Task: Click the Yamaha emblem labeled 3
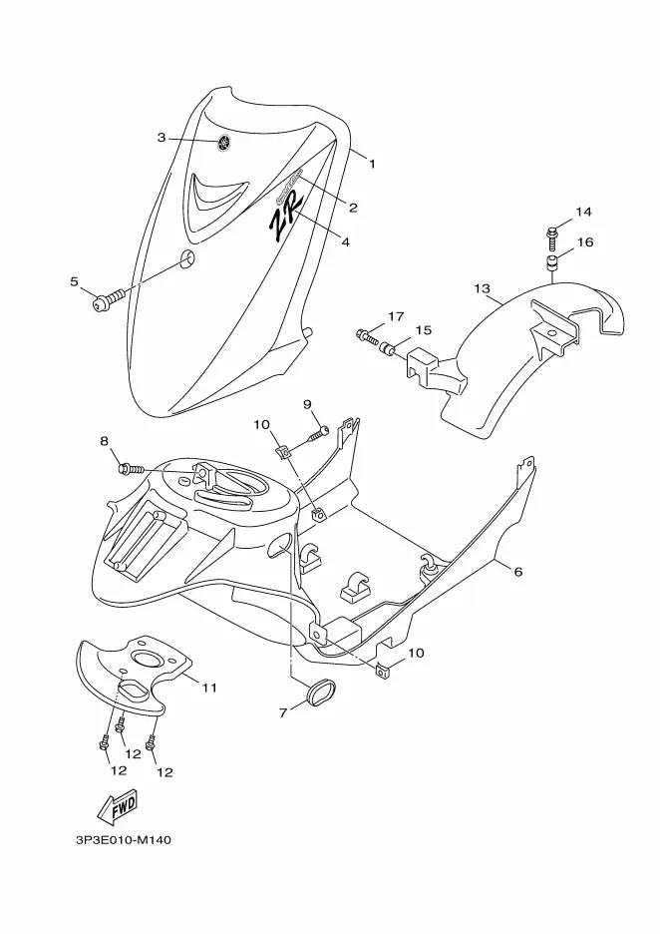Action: (x=224, y=143)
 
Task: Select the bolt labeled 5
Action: (x=110, y=299)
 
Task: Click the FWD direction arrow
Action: (x=117, y=806)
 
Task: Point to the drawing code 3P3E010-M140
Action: (x=124, y=840)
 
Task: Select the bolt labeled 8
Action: (x=131, y=470)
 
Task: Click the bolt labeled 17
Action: (x=368, y=337)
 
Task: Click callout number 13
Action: (x=483, y=289)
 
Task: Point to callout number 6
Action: (x=518, y=572)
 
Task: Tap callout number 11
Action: (x=209, y=688)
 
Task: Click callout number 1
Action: (x=373, y=164)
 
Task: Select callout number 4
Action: (x=345, y=241)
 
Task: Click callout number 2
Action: (x=353, y=208)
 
